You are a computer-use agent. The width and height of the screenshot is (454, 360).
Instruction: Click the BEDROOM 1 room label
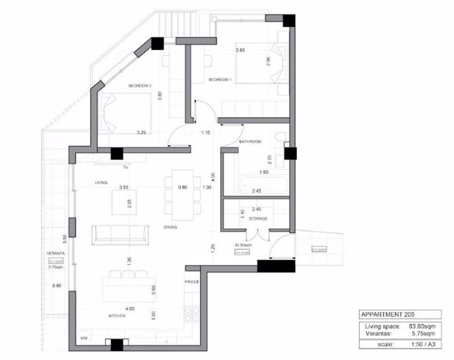pyautogui.click(x=220, y=80)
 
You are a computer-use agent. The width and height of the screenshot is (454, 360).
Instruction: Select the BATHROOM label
pyautogui.click(x=250, y=141)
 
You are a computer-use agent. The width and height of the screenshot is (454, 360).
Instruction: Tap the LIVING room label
pyautogui.click(x=101, y=183)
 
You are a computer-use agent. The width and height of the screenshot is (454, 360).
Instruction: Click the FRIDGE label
pyautogui.click(x=191, y=280)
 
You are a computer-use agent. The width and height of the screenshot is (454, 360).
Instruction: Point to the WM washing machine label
pyautogui.click(x=83, y=336)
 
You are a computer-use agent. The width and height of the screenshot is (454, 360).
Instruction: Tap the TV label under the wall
pyautogui.click(x=125, y=166)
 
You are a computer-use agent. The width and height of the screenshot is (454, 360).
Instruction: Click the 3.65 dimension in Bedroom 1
pyautogui.click(x=240, y=51)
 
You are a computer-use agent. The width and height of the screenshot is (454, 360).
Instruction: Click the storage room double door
pyautogui.click(x=255, y=235)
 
